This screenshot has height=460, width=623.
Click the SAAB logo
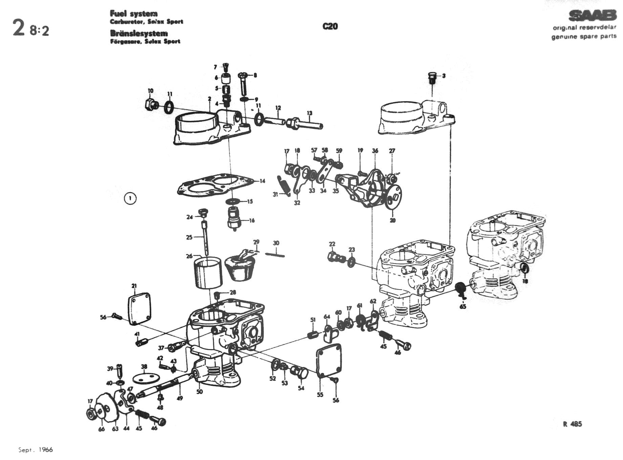click(x=592, y=16)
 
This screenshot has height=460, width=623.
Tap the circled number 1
click(x=130, y=198)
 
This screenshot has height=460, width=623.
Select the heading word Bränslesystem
click(x=139, y=33)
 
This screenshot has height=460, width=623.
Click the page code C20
click(x=330, y=26)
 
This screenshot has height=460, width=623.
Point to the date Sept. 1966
click(x=36, y=450)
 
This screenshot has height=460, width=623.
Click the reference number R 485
click(x=572, y=424)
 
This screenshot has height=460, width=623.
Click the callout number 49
click(x=180, y=398)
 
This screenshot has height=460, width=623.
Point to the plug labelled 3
click(x=432, y=77)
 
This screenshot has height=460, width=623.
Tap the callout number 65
click(x=463, y=306)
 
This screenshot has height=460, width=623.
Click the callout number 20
click(x=393, y=220)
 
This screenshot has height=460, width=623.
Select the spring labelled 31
click(x=283, y=186)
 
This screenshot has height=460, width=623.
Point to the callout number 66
click(x=102, y=429)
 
